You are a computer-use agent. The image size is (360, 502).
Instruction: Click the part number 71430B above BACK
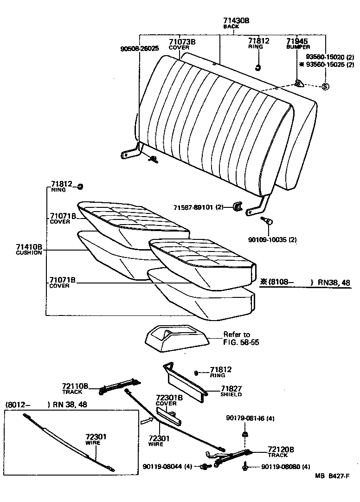236,21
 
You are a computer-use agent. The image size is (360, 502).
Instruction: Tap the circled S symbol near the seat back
325,86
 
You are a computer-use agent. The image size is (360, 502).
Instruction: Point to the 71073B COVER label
182,44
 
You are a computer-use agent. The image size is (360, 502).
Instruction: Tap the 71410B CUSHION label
29,250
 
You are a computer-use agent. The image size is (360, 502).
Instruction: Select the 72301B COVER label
169,400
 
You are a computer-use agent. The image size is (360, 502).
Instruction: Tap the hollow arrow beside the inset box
146,421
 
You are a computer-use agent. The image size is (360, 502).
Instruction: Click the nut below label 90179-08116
244,435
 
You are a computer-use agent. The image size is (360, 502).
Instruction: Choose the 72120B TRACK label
281,452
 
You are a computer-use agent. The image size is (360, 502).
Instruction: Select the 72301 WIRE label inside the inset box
96,439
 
